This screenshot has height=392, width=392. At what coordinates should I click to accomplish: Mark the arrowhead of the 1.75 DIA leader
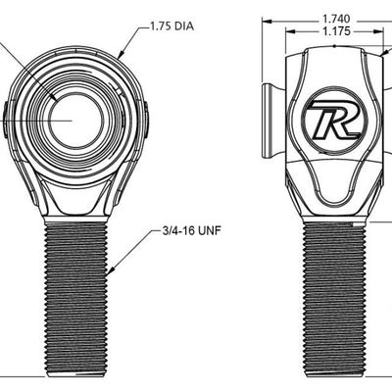point(120,53)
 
